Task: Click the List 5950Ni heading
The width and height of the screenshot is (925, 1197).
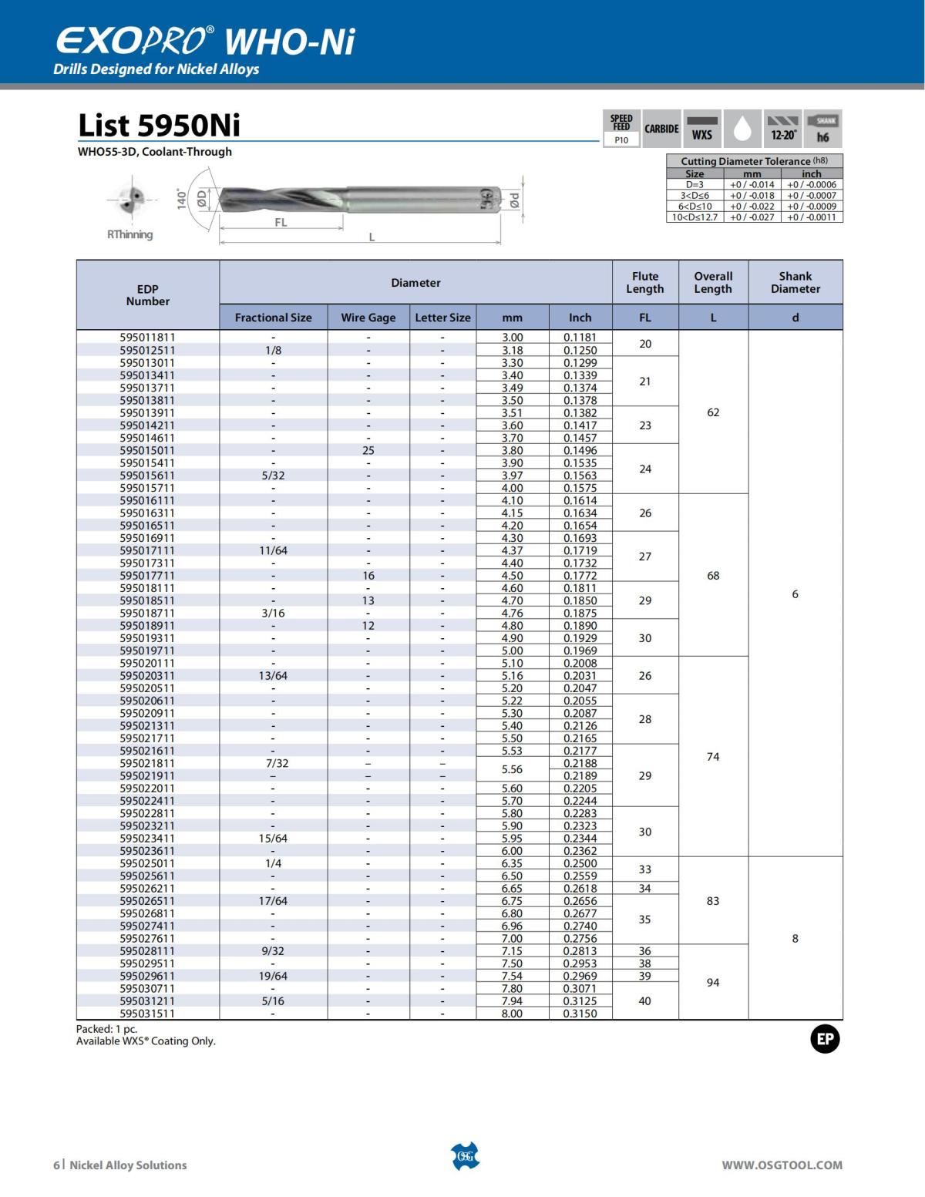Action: coord(159,125)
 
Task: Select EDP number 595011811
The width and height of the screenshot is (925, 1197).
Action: coord(147,338)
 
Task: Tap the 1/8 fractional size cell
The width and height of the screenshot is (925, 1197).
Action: coord(273,350)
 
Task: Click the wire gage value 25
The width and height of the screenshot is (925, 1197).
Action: coord(368,450)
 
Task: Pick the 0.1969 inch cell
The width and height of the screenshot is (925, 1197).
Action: coord(580,651)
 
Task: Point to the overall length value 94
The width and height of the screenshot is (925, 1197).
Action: coord(713,982)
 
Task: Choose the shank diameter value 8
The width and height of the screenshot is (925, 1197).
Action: coord(795,938)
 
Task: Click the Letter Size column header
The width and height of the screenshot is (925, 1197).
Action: coord(442,318)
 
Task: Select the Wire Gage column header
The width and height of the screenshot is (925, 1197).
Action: coord(368,318)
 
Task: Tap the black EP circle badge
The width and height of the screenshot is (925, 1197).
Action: coord(825,1039)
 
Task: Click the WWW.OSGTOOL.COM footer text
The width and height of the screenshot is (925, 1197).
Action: coord(782,1165)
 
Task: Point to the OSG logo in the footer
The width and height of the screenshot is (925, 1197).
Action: coord(464,1156)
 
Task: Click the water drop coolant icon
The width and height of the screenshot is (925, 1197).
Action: coord(742,129)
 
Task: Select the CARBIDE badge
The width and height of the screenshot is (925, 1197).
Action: coord(661,129)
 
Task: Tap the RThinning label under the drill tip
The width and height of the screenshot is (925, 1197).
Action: coord(129,234)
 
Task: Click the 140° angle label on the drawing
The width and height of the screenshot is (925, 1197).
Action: coord(182,199)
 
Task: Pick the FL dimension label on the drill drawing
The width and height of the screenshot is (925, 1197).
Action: coord(281,223)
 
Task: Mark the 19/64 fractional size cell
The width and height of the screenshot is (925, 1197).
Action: coord(273,976)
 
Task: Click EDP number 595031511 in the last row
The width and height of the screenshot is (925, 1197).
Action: coord(147,1014)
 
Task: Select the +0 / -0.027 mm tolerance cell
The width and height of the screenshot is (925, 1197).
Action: coord(752,217)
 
